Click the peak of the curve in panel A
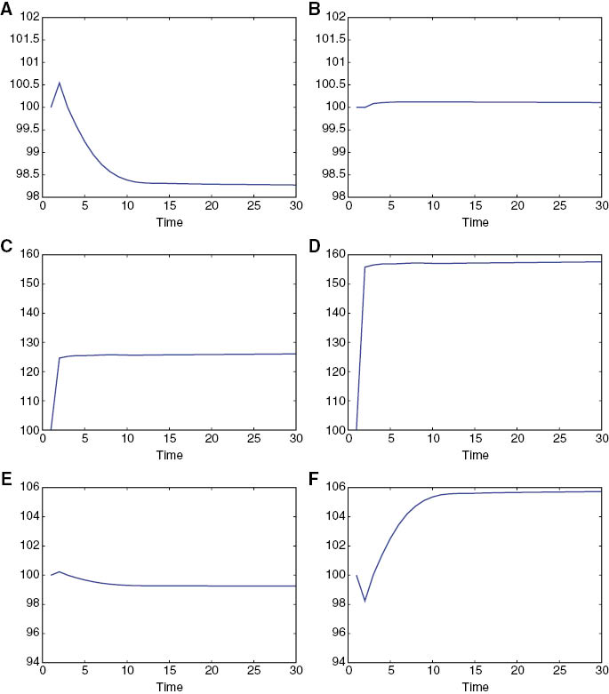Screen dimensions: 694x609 (60, 83)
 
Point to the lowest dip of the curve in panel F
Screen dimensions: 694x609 (365, 602)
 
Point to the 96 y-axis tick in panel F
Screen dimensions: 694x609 (334, 634)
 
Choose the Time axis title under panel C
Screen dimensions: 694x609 (169, 455)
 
